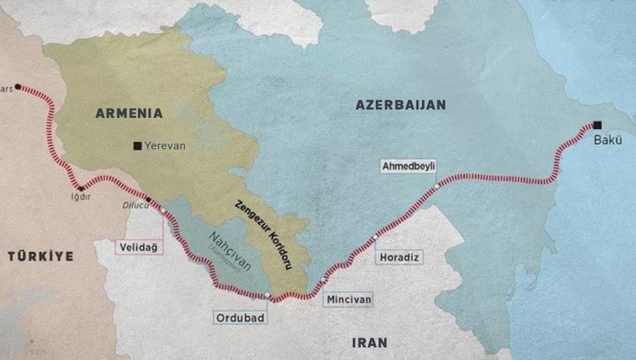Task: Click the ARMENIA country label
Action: [129, 113]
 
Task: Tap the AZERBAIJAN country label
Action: [400, 105]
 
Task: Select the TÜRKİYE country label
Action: [40, 257]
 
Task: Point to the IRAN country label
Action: [369, 343]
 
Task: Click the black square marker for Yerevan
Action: [137, 146]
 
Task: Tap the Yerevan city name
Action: [165, 146]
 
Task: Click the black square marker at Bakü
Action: [597, 126]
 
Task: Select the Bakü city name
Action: [607, 140]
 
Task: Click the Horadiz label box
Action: [400, 257]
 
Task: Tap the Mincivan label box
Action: [348, 299]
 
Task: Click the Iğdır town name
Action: [82, 197]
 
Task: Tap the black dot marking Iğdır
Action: [82, 188]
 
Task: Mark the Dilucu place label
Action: [135, 205]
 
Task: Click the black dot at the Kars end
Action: [17, 87]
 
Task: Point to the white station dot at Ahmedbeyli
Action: [437, 186]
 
